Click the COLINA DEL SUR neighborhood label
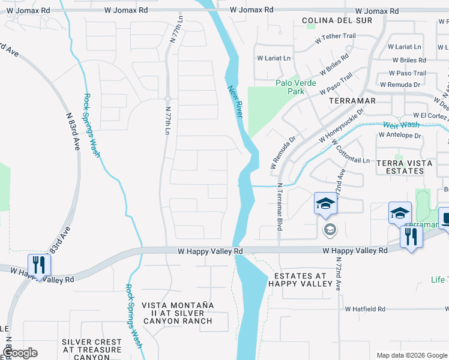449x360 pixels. coord(337,20)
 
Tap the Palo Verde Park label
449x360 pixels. coord(290,87)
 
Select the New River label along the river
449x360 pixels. coord(235,101)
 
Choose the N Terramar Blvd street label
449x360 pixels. coord(280,206)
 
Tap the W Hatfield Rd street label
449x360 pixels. coord(365,309)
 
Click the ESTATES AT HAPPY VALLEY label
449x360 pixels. coord(300,280)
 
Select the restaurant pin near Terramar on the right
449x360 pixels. coord(411,236)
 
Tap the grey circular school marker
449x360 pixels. coord(330,229)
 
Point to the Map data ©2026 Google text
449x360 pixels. coord(411,355)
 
